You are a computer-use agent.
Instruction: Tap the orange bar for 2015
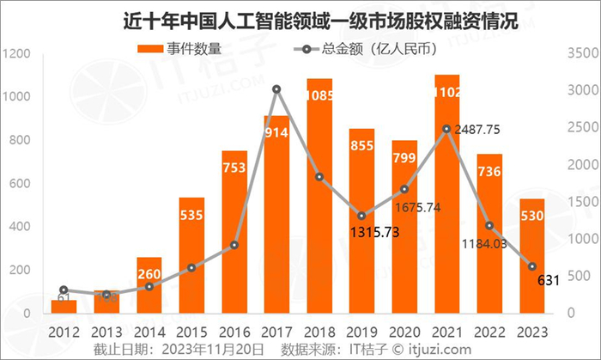tap(191, 258)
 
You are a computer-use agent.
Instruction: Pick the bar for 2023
tap(531, 258)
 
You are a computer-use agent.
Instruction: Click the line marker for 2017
tap(276, 89)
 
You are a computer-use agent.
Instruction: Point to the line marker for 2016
tap(234, 245)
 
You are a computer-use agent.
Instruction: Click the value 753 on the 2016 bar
tap(234, 168)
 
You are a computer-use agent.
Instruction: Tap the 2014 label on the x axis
tap(149, 331)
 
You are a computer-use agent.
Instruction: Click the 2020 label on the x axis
tap(404, 331)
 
